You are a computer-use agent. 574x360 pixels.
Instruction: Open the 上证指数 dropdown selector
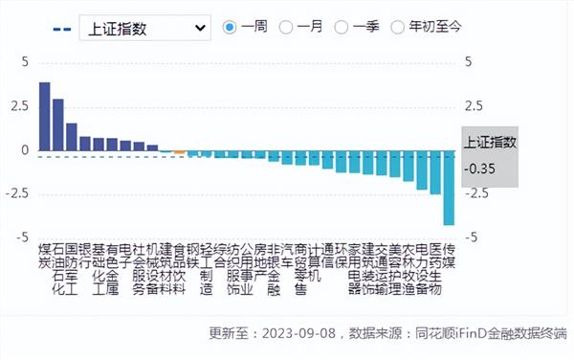[x=145, y=28]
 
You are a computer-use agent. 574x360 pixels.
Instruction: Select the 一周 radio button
[x=229, y=28]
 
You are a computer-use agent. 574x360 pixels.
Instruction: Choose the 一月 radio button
[x=285, y=28]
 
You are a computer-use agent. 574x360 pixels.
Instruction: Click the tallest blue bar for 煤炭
[x=44, y=117]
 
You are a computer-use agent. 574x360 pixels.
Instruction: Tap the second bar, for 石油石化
[x=57, y=124]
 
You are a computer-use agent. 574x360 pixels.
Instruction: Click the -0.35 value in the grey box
[x=481, y=169]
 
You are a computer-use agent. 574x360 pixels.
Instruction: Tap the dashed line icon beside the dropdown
[x=59, y=28]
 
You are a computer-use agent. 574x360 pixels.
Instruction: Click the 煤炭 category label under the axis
[x=44, y=254]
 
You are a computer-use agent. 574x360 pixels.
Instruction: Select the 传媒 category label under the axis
[x=449, y=254]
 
